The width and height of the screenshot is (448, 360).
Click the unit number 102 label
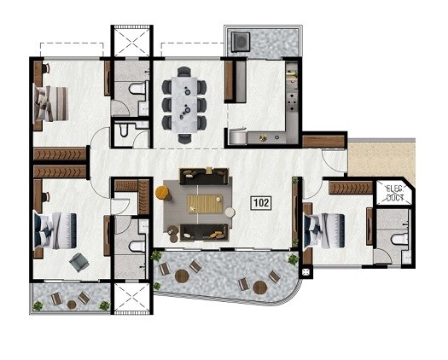(261, 203)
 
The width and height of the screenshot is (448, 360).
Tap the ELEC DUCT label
(393, 193)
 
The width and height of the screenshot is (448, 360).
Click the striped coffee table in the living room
(204, 203)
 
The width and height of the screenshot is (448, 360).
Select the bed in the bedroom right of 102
(322, 228)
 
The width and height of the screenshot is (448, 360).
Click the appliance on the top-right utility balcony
(241, 40)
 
